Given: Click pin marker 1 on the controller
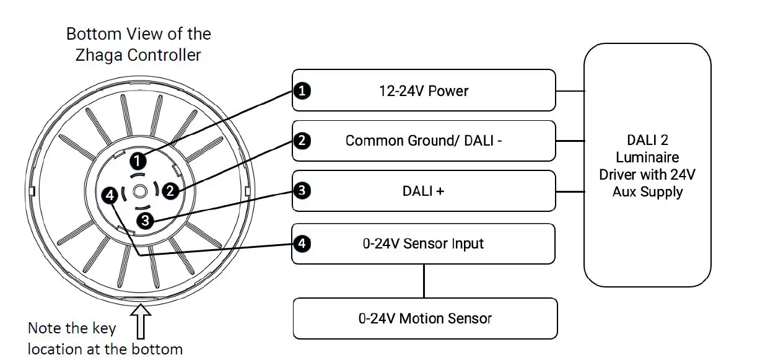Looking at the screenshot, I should coord(138,161).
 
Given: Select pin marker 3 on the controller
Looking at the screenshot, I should coord(145,219).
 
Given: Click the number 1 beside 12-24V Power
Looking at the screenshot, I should coord(302,92).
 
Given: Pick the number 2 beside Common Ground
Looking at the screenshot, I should coord(302,141).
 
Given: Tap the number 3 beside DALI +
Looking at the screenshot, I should coord(302,191).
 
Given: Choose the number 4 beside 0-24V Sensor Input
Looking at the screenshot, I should coord(302,244).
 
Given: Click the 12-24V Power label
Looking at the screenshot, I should coord(424,92).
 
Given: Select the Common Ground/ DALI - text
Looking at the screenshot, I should coord(424,141).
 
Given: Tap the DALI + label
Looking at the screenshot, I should coord(424,191).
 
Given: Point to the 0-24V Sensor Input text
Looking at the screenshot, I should coord(424,244).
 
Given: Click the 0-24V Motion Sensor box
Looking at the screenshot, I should coord(425,319).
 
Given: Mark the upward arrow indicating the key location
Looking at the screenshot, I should coord(142,317).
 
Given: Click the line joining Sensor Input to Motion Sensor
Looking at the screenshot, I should coord(424,281).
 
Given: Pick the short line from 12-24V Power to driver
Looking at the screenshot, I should coord(570,91).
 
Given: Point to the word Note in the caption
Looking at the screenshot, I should coord(44,328).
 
